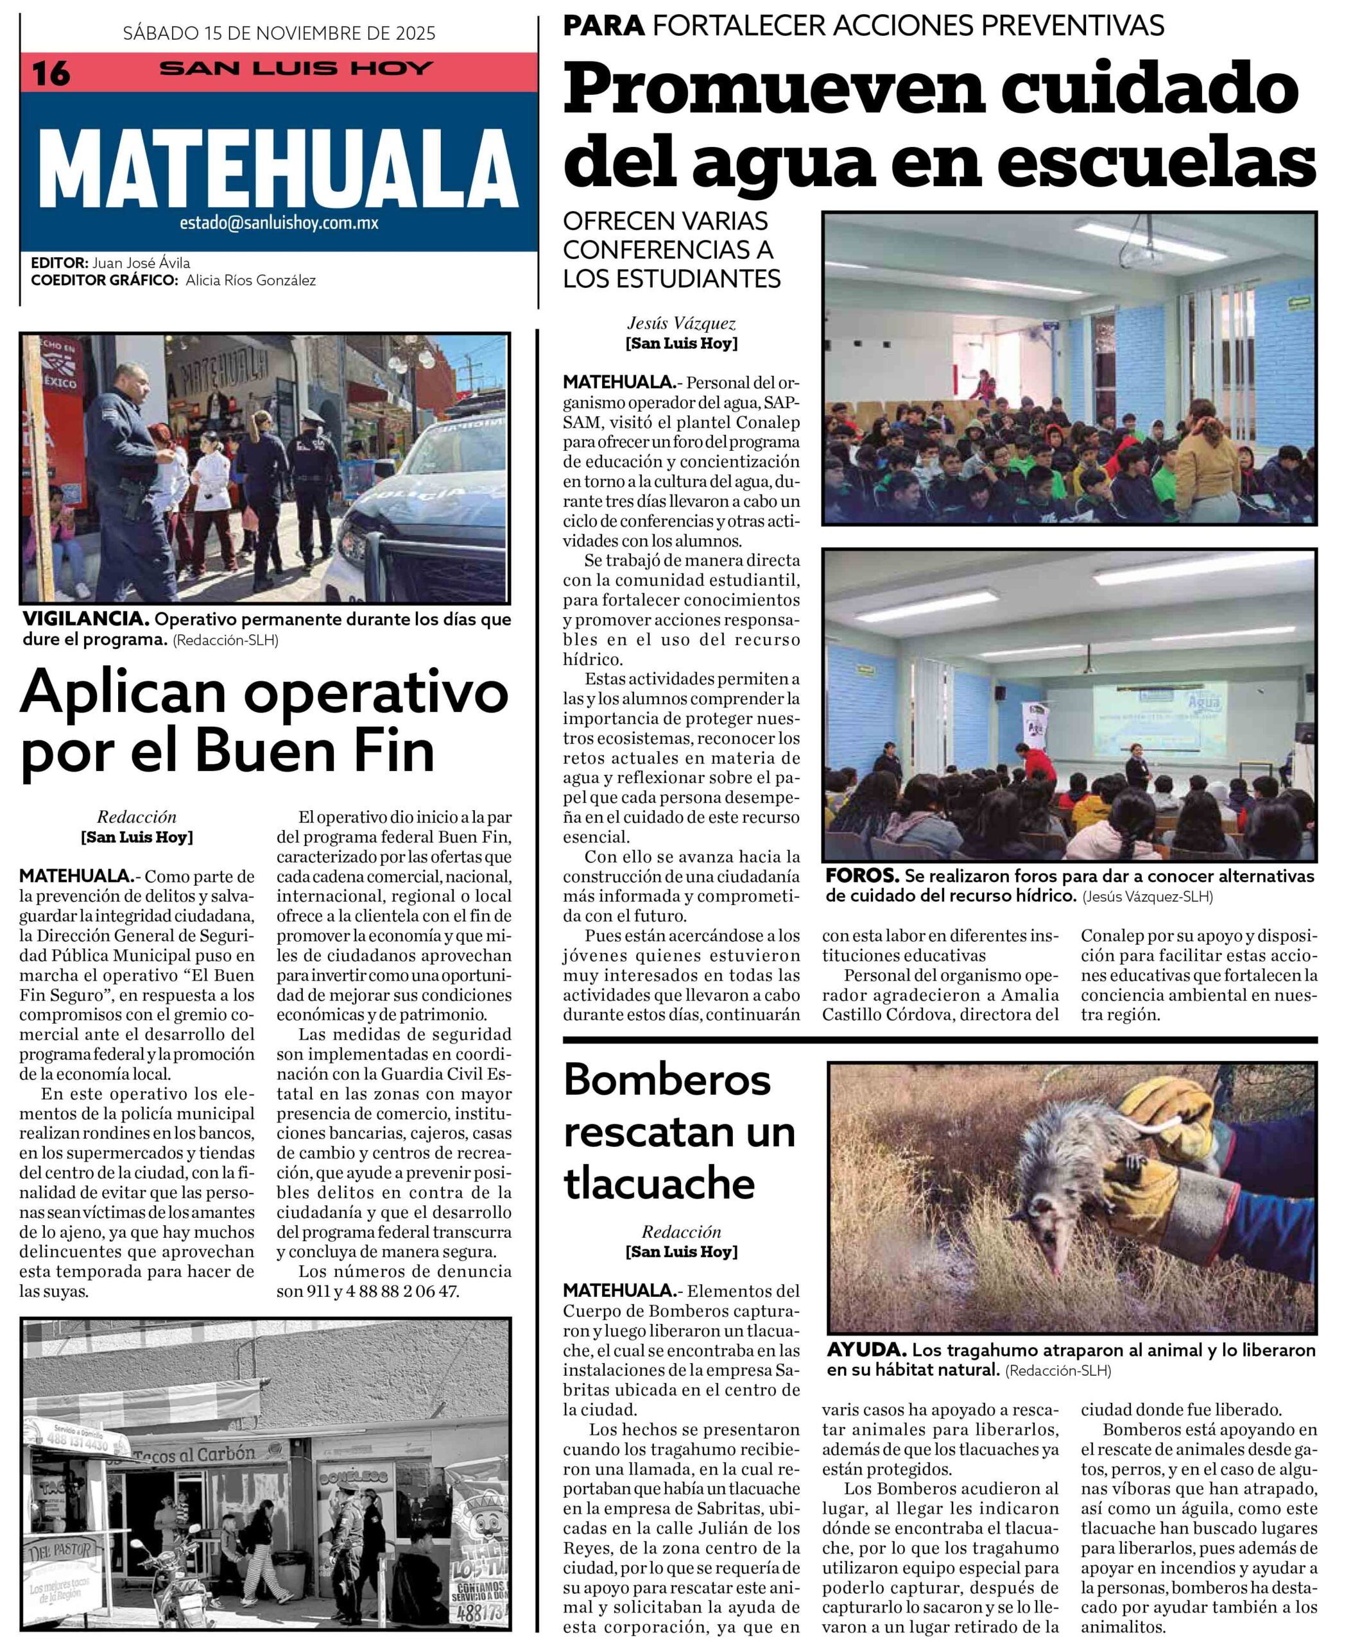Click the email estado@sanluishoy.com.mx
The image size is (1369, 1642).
tap(279, 223)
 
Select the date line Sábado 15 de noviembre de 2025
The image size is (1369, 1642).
tap(279, 33)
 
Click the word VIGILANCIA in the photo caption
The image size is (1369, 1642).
tap(85, 619)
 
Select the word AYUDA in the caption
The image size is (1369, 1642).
tap(866, 1350)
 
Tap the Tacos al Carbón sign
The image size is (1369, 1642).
tap(194, 1453)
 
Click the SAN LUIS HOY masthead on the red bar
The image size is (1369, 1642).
tap(296, 68)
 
